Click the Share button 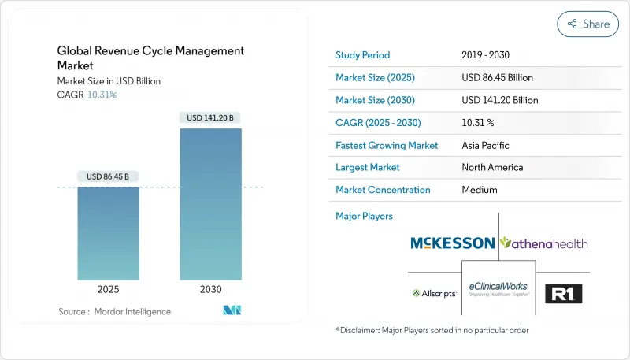pos(587,24)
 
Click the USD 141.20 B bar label pos(210,118)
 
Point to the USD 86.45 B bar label pos(108,176)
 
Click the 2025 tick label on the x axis pos(108,289)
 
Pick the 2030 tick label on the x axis pos(210,289)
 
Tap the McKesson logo pos(452,243)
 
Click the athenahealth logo pos(544,243)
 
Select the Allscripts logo pos(434,294)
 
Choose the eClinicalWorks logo pos(498,289)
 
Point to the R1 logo pos(563,294)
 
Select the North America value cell pos(492,167)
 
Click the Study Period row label pos(362,55)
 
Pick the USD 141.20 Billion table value pos(505,100)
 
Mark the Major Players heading pos(364,215)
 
